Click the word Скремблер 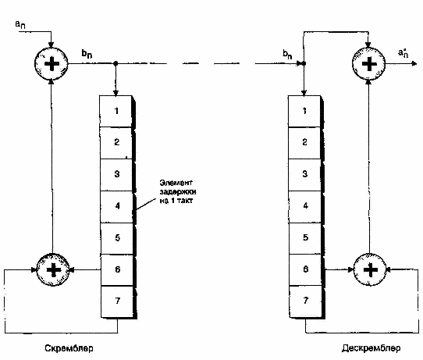(69, 348)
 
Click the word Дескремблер (371, 348)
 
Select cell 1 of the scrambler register (116, 111)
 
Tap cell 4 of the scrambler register (116, 206)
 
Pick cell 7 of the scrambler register (117, 301)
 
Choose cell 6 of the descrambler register (305, 269)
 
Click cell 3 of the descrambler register (304, 175)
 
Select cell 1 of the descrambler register (304, 111)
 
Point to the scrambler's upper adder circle (52, 64)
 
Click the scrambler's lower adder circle (53, 269)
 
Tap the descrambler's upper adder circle (369, 64)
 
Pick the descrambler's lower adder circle (370, 269)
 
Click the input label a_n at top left (20, 24)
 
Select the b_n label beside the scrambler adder (87, 53)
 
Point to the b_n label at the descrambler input (287, 54)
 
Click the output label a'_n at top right (403, 52)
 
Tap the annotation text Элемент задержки (178, 187)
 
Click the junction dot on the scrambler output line (116, 63)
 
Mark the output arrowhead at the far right (414, 64)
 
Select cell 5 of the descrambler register (305, 238)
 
